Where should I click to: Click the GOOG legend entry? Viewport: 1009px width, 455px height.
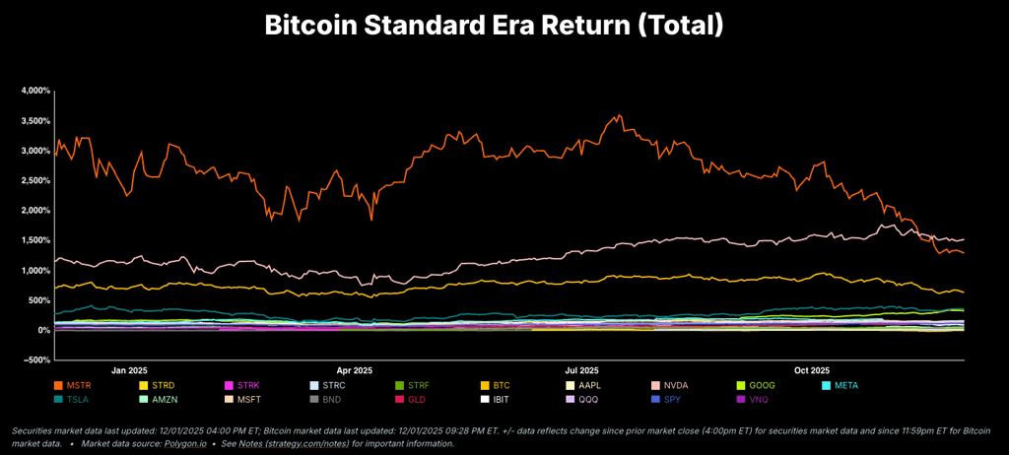coord(760,385)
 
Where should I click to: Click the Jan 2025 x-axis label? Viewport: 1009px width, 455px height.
coord(129,371)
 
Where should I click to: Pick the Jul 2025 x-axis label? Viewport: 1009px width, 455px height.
coord(583,371)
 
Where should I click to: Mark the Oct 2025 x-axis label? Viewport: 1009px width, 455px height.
coord(813,371)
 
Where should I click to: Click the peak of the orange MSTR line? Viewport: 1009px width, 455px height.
coord(619,115)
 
